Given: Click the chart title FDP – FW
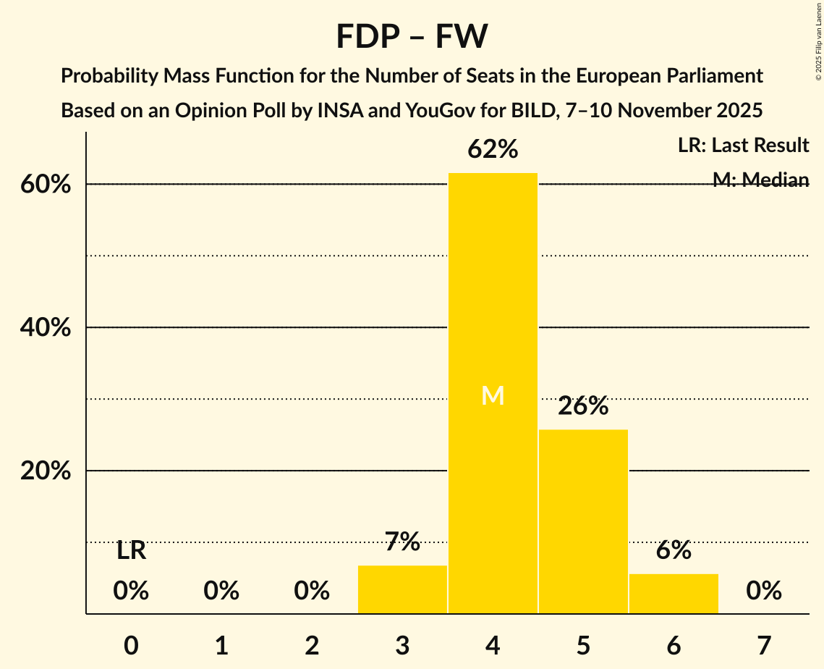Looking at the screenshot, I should pos(412,36).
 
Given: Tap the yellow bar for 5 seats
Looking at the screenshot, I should pos(583,521).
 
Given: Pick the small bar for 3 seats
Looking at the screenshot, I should pos(402,589).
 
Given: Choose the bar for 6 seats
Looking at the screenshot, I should pos(674,594).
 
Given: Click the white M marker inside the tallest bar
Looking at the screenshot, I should pos(493,395).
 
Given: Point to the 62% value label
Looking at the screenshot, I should pos(493,149).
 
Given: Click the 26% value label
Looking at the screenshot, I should pos(583,406).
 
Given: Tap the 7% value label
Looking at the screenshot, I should pos(402,542).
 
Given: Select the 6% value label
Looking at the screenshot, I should pos(674,550).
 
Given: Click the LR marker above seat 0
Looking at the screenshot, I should pos(131,551).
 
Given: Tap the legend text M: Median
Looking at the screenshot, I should pos(760,180).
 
